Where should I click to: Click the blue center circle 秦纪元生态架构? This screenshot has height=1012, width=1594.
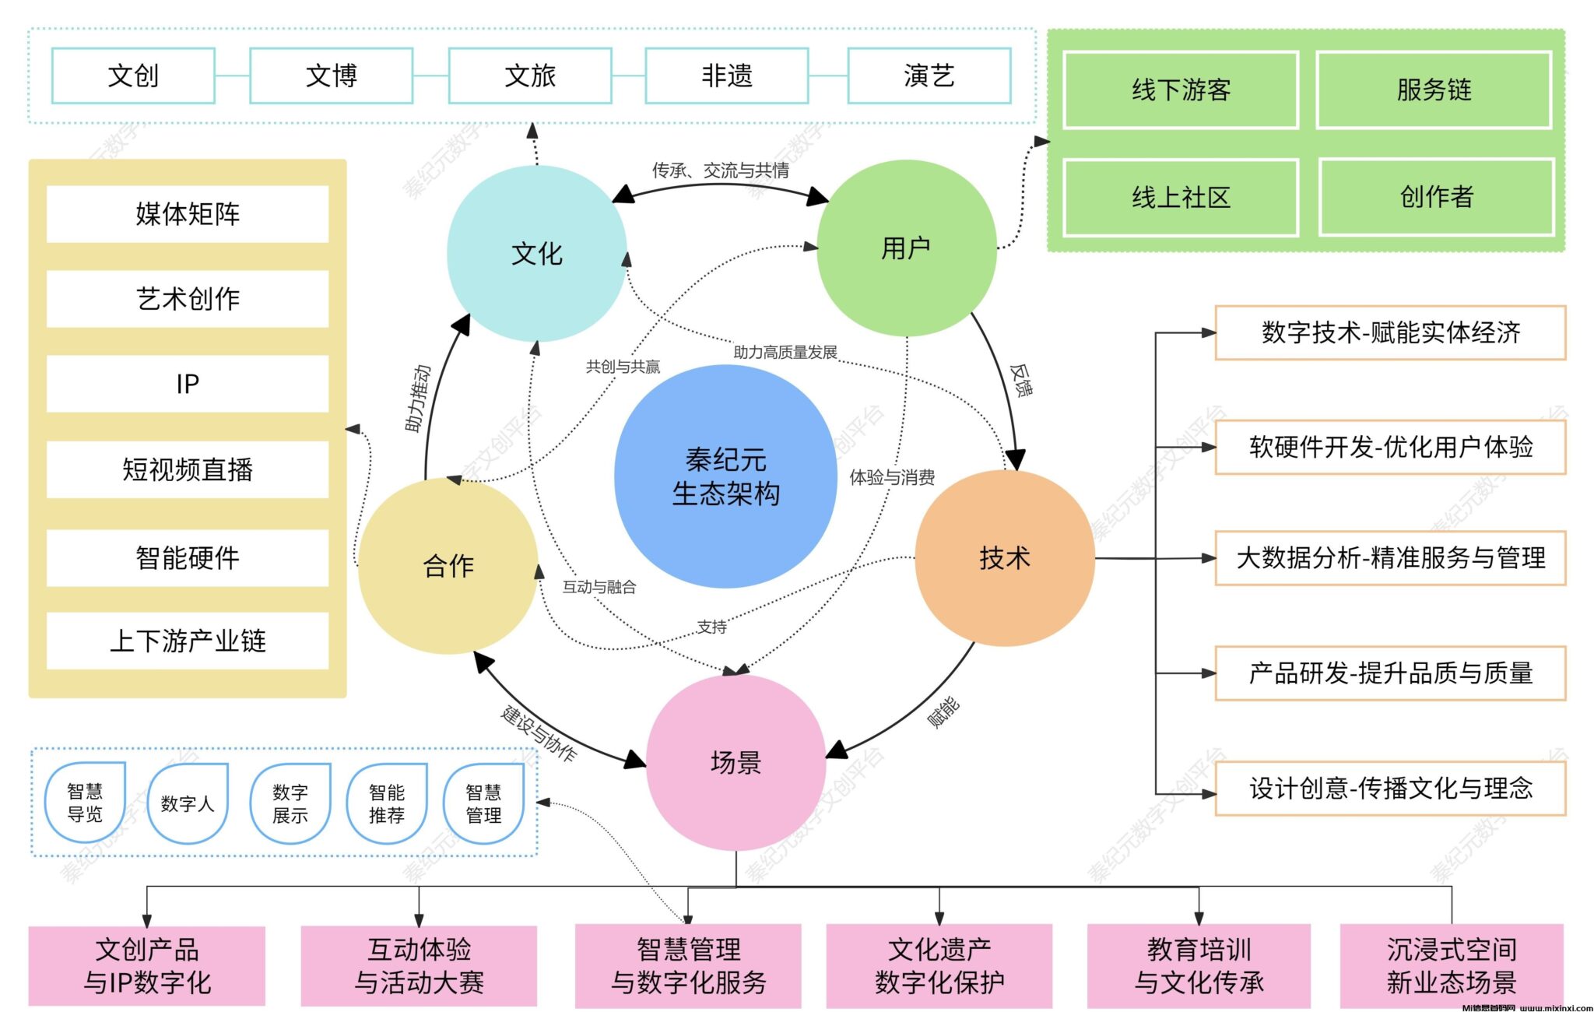pos(725,476)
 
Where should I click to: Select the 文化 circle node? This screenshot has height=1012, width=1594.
pos(536,254)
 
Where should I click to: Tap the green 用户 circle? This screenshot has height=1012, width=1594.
pos(906,248)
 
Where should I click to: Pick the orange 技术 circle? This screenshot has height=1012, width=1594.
pos(1005,558)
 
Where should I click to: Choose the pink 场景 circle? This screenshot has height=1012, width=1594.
pos(736,762)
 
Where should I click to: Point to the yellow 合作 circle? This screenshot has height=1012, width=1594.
pos(448,566)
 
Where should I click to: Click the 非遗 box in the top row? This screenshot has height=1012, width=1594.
pos(727,76)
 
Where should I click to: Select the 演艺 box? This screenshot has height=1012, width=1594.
pos(929,76)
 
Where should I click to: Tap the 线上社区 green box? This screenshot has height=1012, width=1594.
pos(1181,198)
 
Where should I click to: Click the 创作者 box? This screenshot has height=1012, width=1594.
pos(1436,197)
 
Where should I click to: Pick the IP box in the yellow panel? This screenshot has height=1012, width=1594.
pos(188,384)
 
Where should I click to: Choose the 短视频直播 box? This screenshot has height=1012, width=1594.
pos(188,469)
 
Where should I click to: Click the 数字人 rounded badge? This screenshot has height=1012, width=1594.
pos(187,803)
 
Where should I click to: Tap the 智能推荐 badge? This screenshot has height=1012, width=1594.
pos(387,803)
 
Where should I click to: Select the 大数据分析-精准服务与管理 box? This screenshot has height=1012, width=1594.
pos(1390,558)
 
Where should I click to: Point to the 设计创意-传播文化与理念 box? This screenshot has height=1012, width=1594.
pos(1390,789)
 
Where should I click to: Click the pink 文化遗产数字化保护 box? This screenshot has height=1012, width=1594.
pos(939,966)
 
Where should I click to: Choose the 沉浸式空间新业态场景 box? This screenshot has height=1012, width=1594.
pos(1452,966)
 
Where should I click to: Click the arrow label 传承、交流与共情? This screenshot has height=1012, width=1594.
pos(720,170)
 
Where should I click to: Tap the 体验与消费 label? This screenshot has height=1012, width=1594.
pos(892,477)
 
